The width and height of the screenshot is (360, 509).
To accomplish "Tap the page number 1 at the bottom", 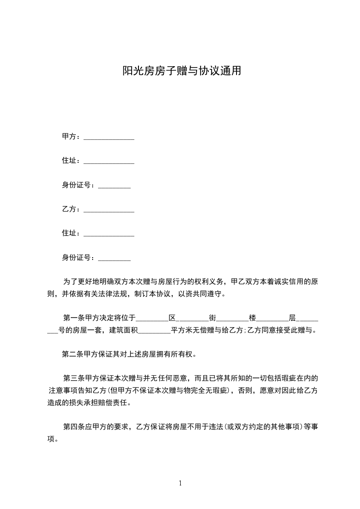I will tap(180, 483).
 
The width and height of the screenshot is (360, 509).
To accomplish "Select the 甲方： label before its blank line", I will tap(71, 137).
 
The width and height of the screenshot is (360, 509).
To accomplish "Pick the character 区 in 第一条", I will tap(172, 318).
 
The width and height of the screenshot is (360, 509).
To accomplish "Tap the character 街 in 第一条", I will tap(212, 318).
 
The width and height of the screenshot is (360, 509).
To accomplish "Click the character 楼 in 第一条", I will tap(252, 318).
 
